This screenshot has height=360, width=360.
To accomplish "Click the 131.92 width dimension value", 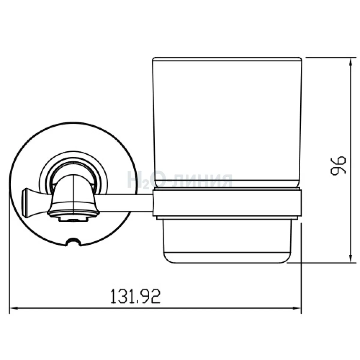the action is (x=135, y=296).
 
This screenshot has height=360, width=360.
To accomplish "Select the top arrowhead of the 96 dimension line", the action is (x=350, y=62).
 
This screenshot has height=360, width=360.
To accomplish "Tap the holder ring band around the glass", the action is (x=227, y=203).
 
